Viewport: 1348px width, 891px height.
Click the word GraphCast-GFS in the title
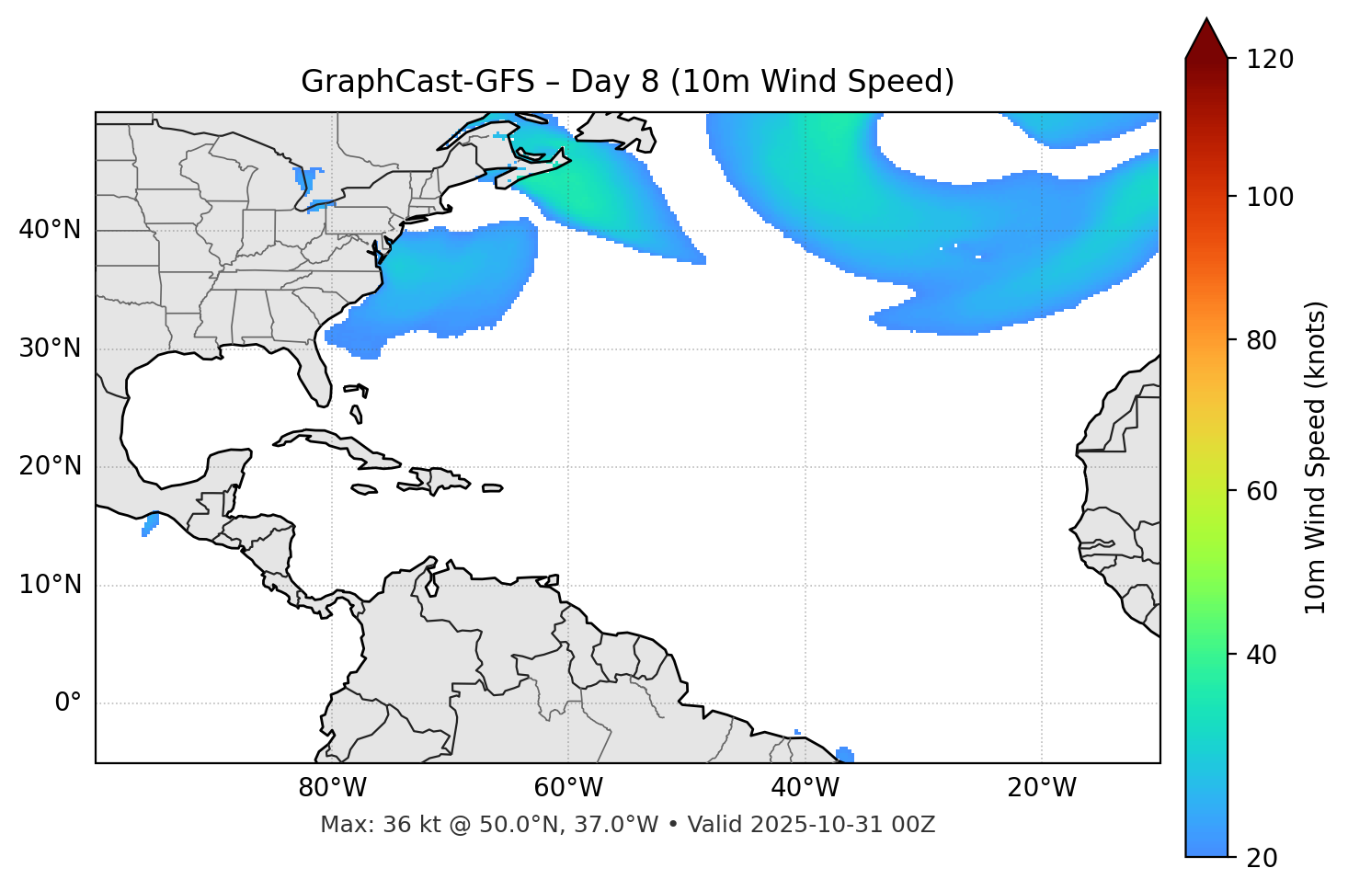click(x=417, y=82)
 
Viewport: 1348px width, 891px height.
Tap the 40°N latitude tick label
click(x=50, y=230)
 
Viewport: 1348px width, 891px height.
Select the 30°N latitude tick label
click(x=50, y=348)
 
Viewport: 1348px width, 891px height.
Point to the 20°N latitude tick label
click(x=50, y=466)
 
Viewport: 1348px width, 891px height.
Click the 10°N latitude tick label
click(x=50, y=585)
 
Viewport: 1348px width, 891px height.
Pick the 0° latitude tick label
click(x=67, y=703)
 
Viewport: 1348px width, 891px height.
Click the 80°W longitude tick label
click(x=332, y=788)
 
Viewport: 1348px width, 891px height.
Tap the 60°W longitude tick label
click(x=568, y=788)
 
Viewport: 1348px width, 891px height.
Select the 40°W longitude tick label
click(x=805, y=788)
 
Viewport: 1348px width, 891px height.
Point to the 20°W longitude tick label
click(x=1041, y=788)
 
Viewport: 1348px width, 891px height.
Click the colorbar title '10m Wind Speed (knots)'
click(x=1316, y=458)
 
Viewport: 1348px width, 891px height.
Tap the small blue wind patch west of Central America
click(x=150, y=524)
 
